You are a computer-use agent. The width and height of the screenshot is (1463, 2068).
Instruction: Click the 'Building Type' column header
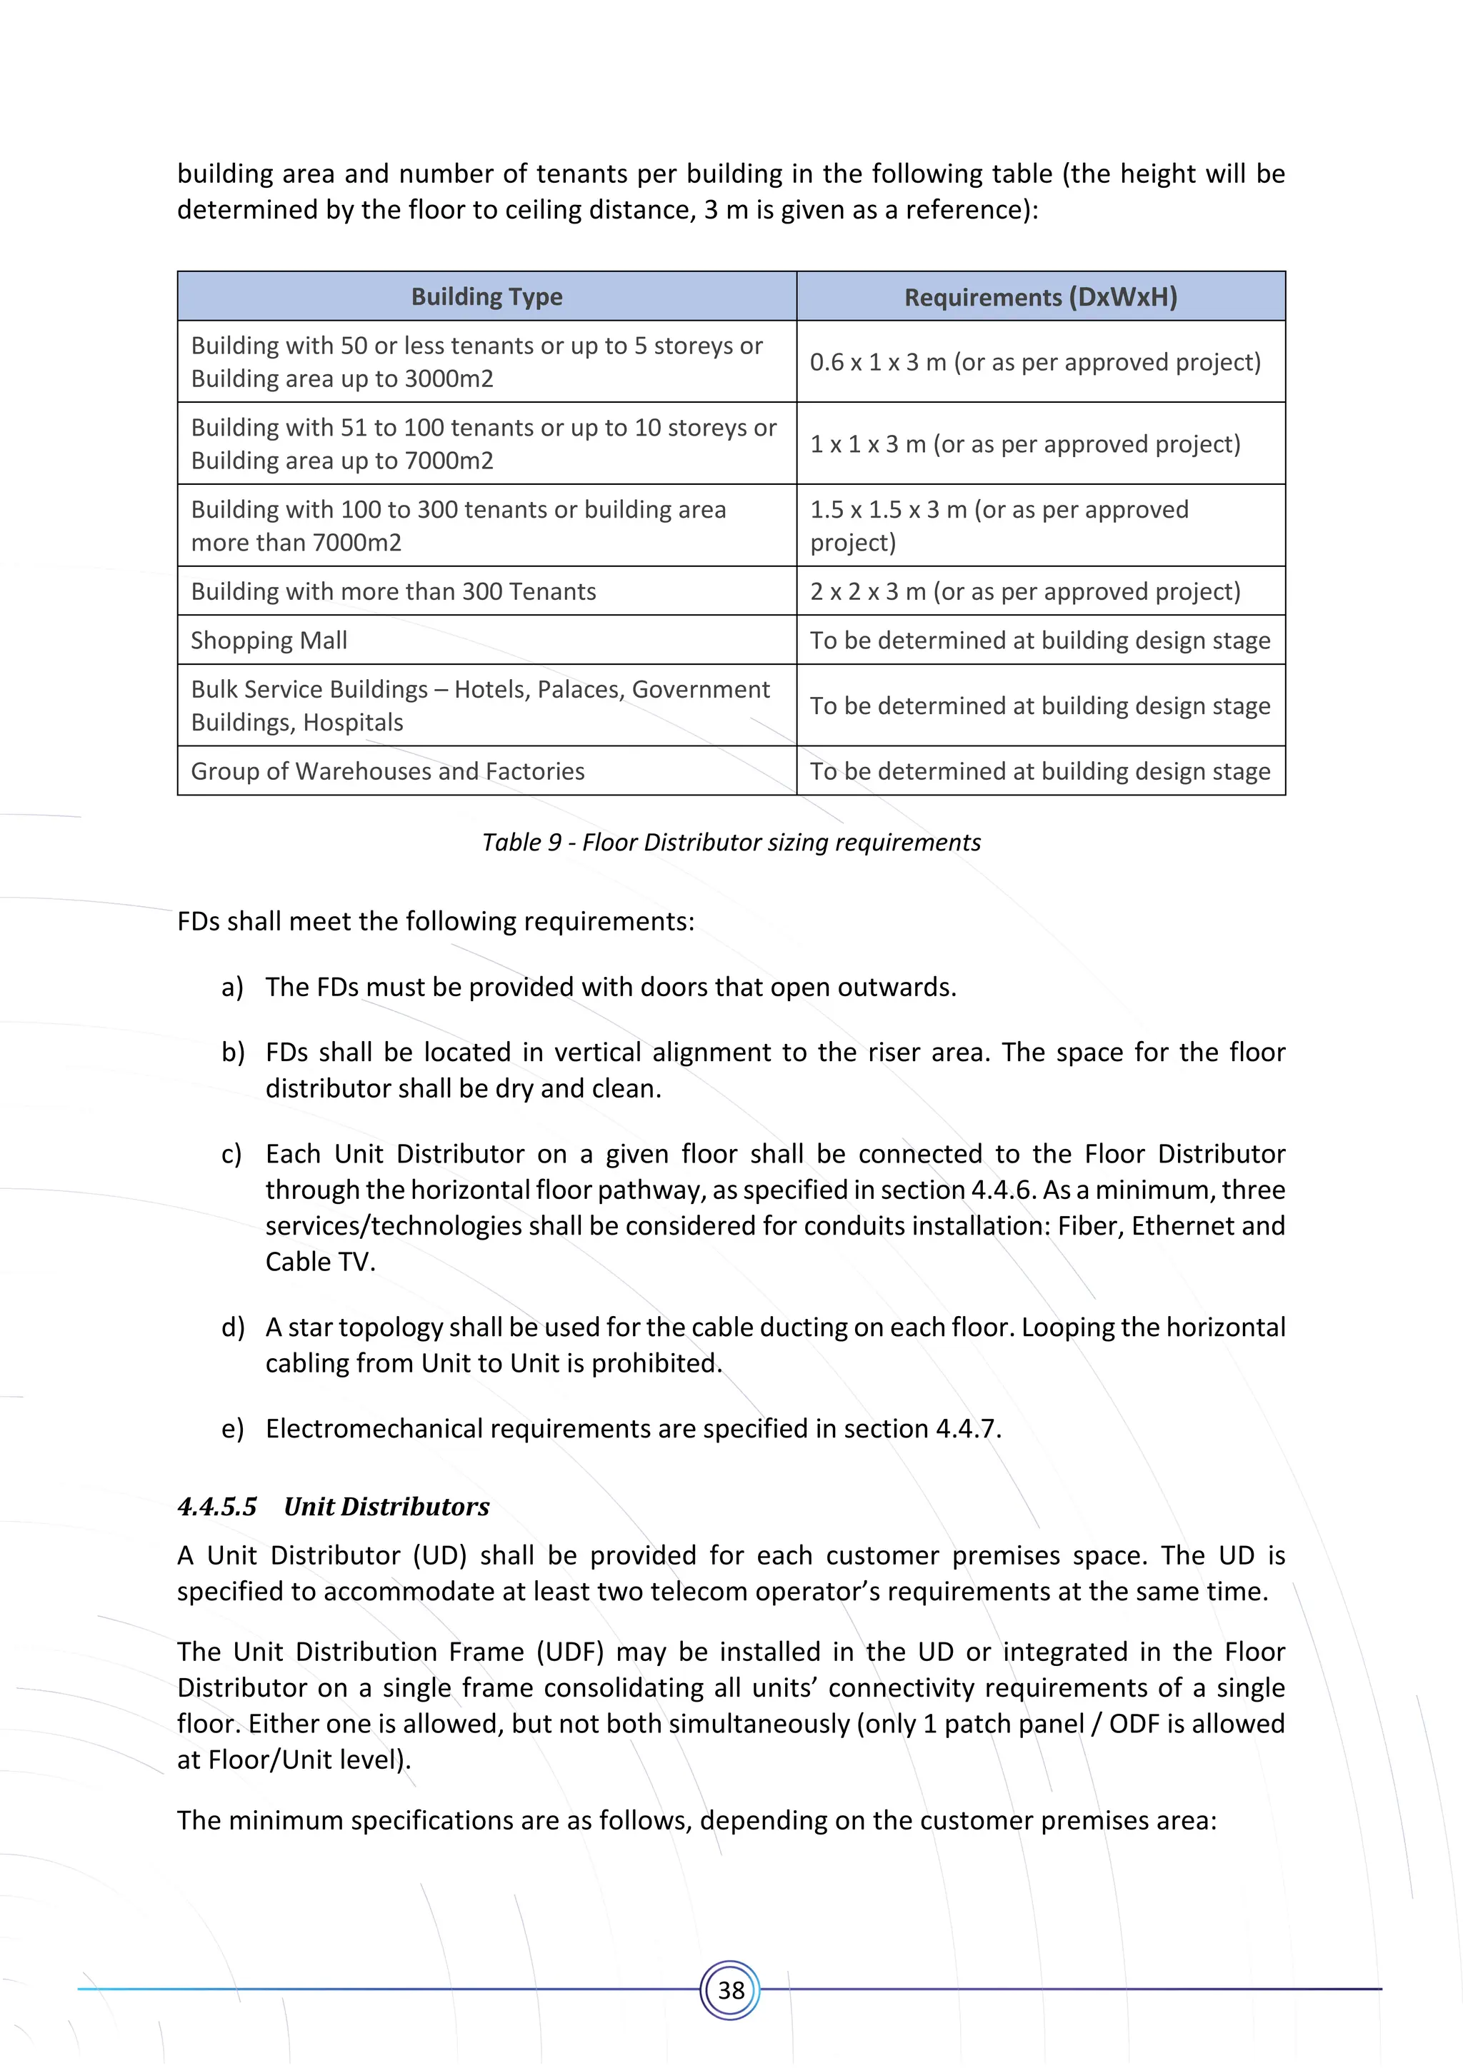pos(486,296)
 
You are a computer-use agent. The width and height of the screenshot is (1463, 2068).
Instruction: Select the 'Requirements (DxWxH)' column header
pos(1041,297)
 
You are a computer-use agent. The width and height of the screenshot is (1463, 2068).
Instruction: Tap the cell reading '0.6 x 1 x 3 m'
pos(1034,362)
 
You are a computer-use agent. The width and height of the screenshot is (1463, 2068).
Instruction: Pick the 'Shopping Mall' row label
pos(269,641)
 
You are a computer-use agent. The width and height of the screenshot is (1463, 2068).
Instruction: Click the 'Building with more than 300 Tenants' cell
pos(394,592)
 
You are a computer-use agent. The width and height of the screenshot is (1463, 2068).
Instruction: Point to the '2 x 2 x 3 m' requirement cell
pos(1024,592)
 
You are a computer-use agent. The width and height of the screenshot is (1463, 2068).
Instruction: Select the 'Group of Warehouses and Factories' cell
pos(387,771)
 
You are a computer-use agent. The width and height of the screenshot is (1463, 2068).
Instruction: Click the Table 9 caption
pos(731,842)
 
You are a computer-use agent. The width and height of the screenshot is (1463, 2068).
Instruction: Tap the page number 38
pos(731,1989)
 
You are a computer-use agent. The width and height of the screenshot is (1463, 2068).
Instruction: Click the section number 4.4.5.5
pos(217,1506)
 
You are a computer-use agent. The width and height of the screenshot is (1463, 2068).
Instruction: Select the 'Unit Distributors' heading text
pos(386,1506)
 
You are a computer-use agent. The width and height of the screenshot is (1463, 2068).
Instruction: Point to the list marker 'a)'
pos(232,987)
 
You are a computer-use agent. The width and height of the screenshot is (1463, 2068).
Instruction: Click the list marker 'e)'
pos(232,1428)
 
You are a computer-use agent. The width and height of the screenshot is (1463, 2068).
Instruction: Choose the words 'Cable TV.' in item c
pos(320,1262)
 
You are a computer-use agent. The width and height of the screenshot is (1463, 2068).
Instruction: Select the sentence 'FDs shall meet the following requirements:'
pos(435,921)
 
